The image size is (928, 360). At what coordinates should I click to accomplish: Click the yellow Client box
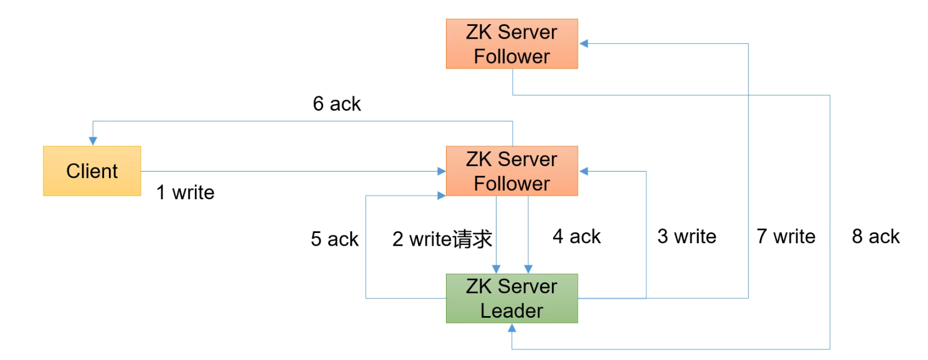tap(91, 171)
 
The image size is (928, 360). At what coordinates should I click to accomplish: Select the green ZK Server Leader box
tap(512, 299)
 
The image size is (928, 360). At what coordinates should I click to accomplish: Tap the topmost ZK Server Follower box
tap(512, 44)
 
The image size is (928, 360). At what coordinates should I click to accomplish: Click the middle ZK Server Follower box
tap(512, 171)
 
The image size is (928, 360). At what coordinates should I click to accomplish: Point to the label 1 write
tap(185, 193)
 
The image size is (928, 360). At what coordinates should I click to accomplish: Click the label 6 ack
tap(336, 104)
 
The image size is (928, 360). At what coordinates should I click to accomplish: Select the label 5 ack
tap(335, 239)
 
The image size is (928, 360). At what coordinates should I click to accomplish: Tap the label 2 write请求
tap(442, 239)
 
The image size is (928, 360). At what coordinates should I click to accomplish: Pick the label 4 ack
tap(577, 236)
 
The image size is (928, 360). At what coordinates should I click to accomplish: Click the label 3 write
tap(687, 236)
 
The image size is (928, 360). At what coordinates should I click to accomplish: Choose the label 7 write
tap(785, 236)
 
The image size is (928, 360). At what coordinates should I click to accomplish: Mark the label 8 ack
tap(876, 236)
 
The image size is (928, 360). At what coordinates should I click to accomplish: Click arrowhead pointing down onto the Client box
tap(92, 141)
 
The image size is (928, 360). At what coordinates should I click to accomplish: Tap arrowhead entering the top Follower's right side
tap(583, 43)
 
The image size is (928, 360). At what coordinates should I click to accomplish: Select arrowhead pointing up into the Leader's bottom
tap(512, 327)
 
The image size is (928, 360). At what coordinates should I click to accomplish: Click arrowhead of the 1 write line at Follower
tap(442, 172)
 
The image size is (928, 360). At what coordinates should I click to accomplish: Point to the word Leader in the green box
tap(512, 311)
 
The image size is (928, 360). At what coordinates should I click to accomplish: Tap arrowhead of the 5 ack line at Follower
tap(442, 194)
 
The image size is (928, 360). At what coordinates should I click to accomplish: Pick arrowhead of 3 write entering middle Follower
tap(583, 172)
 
